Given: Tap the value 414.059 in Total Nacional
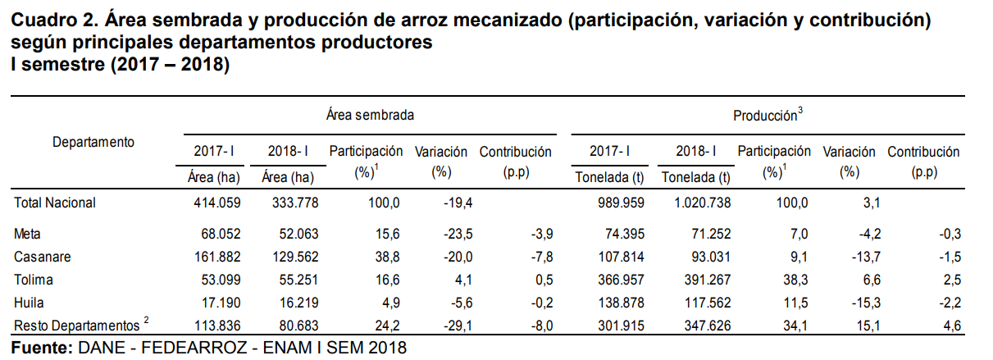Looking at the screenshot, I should tap(215, 203).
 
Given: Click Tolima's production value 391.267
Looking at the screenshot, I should tap(699, 280).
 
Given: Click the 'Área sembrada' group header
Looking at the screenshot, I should tap(369, 116).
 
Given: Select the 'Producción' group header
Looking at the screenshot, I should tap(767, 116).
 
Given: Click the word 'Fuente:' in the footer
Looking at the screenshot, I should tap(40, 348).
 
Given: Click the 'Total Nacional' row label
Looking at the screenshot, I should tap(55, 203).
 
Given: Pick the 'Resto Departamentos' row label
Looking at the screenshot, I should tap(76, 327).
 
